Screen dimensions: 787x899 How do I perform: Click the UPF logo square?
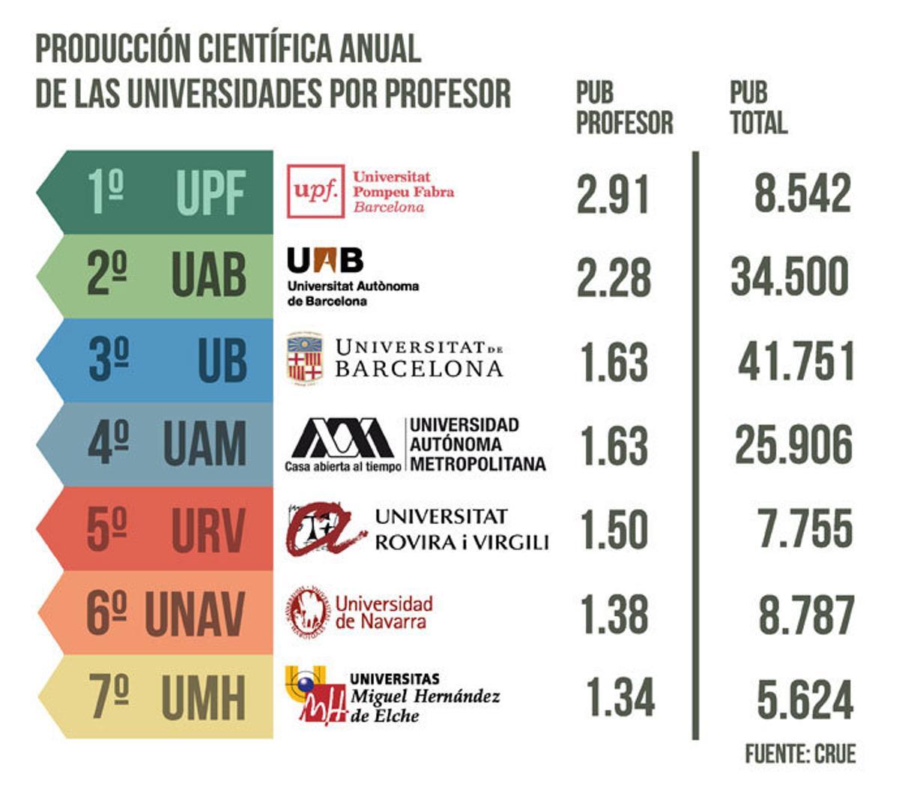316,191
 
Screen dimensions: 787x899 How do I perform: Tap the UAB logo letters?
325,261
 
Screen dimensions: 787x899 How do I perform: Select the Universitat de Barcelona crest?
305,359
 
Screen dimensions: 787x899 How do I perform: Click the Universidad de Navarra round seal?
307,612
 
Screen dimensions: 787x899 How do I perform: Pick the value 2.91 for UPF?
612,193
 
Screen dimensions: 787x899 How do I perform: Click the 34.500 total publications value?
790,277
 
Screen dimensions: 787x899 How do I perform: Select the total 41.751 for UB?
796,361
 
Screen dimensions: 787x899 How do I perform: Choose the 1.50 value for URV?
613,529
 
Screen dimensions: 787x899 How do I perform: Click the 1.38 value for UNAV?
613,614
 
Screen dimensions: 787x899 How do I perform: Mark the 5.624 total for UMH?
805,699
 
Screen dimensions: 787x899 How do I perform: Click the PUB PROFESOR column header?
623,108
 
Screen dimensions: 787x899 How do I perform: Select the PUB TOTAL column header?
758,108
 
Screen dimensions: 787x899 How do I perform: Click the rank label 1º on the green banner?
106,192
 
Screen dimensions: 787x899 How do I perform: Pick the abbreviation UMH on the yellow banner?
203,699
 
